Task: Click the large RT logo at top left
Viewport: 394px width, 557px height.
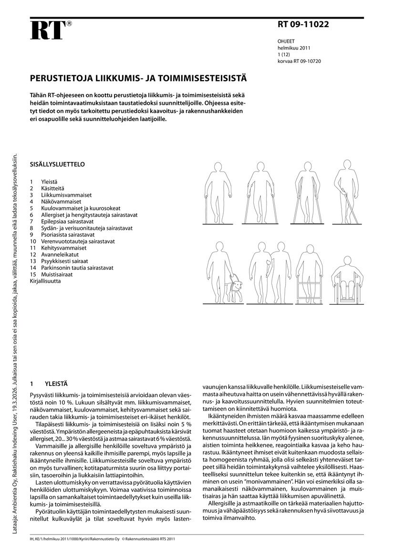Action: pyautogui.click(x=48, y=30)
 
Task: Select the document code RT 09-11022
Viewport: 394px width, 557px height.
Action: pyautogui.click(x=303, y=25)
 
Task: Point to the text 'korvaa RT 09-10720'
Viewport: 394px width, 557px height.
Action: pyautogui.click(x=299, y=61)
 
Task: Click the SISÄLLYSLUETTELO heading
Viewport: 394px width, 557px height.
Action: pyautogui.click(x=57, y=164)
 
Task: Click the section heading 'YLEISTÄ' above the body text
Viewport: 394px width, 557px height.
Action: pyautogui.click(x=56, y=383)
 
